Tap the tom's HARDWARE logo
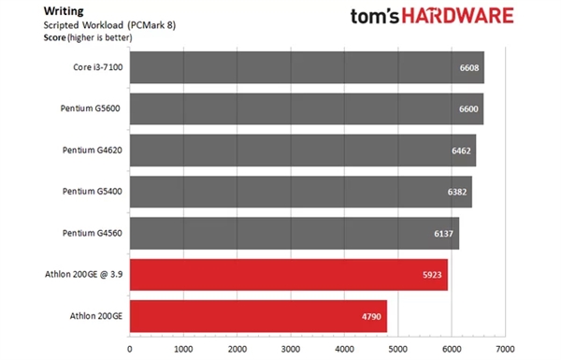click(431, 16)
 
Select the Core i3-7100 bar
click(306, 67)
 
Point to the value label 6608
click(469, 68)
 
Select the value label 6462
click(462, 151)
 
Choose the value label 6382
click(457, 193)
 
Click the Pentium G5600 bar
click(306, 109)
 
